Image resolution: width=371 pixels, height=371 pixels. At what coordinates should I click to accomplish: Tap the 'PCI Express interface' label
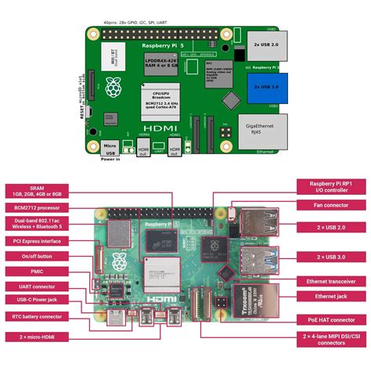37,242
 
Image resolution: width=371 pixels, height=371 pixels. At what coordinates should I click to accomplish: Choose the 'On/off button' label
37,256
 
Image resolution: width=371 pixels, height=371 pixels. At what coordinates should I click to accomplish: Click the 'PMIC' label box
37,271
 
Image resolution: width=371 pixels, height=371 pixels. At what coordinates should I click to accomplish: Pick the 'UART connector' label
37,286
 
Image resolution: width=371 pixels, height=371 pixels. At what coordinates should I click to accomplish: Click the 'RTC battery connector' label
37,316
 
